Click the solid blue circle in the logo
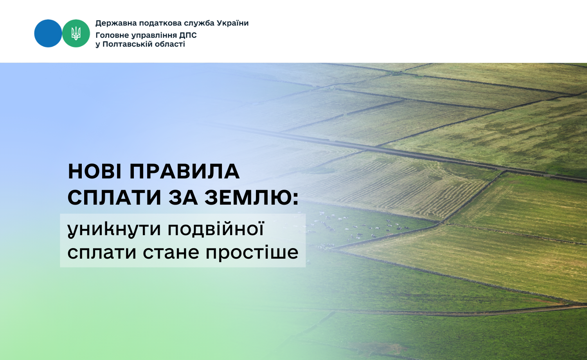(48, 33)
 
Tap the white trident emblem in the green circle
(76, 33)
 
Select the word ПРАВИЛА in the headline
(185, 172)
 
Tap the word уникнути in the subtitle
(114, 229)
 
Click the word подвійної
(216, 229)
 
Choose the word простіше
(252, 253)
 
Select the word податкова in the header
(160, 23)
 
